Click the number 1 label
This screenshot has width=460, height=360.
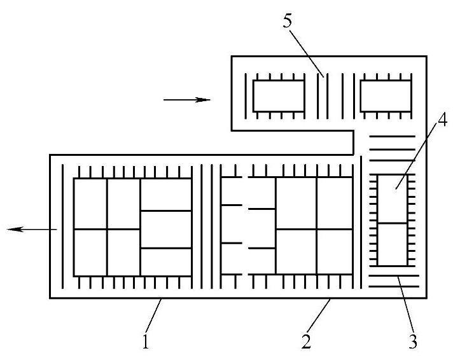(146, 342)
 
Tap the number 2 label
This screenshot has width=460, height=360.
(307, 342)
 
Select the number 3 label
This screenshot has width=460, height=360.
(413, 342)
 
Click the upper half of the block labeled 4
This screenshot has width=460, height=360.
(392, 199)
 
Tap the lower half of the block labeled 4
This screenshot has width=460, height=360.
(392, 244)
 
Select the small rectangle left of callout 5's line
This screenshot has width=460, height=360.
(279, 96)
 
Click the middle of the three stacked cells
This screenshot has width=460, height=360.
(165, 229)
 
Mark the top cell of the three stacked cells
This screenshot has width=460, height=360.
(165, 193)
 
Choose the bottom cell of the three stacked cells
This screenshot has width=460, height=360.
(165, 262)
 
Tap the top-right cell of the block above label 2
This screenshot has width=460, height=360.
(334, 203)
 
